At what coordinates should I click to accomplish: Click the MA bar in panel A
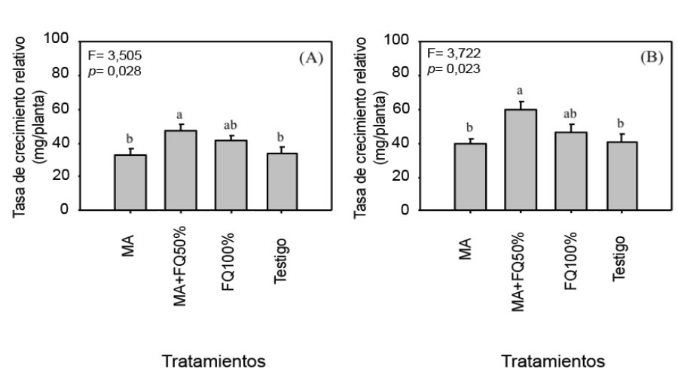130,182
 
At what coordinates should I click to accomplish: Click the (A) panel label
310,58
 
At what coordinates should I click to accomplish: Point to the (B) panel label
649,58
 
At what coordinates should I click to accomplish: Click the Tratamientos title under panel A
215,362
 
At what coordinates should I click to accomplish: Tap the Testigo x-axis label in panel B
619,259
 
